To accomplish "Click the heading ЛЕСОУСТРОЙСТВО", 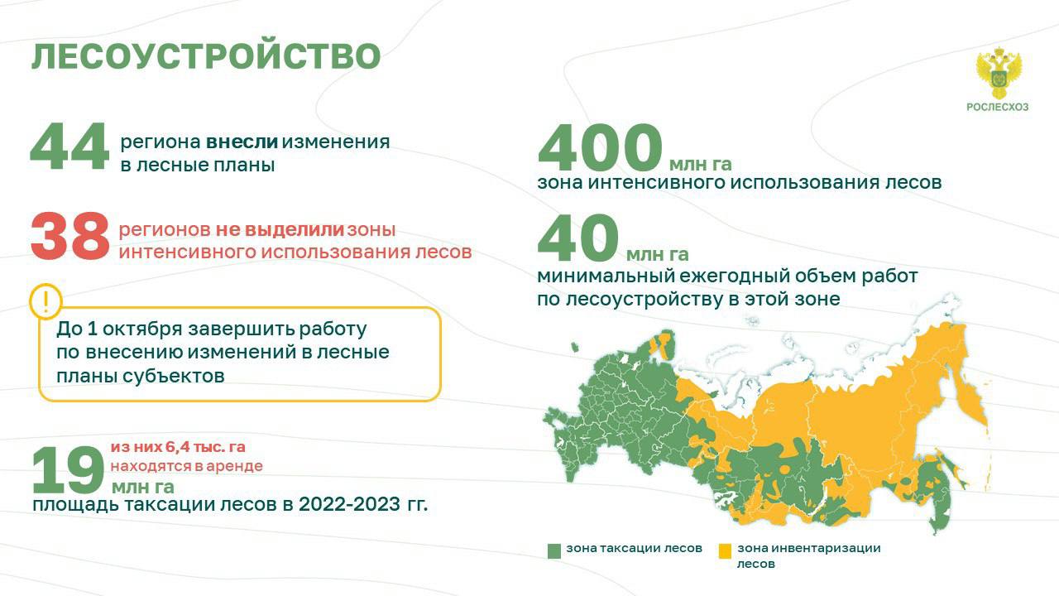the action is click(x=206, y=57).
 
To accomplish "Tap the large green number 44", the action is click(x=69, y=146).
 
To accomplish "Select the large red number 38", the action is click(x=70, y=236).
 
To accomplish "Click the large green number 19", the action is click(x=68, y=470).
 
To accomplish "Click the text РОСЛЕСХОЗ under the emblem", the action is click(x=998, y=108).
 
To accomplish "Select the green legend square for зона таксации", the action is click(x=554, y=551).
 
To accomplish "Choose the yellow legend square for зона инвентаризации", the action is click(x=725, y=551).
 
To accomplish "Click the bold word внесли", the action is click(x=242, y=142).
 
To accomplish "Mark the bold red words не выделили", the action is click(x=280, y=229).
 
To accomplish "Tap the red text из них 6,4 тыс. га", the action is click(x=178, y=447).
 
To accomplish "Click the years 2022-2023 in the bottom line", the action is click(x=349, y=504).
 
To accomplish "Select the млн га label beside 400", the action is click(x=701, y=164).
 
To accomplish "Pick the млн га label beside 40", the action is click(x=657, y=254).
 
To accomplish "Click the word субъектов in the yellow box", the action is click(x=173, y=376).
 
